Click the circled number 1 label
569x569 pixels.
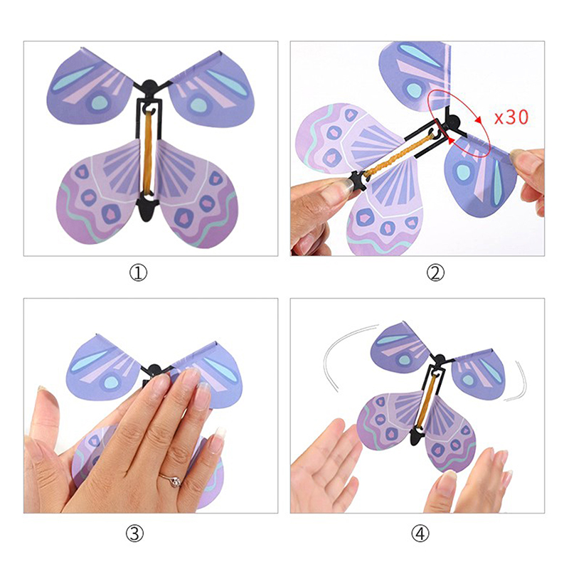(138, 273)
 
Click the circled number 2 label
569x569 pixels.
(435, 273)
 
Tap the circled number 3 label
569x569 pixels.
(134, 533)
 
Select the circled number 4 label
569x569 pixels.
(420, 533)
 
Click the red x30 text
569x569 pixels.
(511, 117)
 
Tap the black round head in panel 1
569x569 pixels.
(149, 87)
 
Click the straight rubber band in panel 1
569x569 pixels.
(148, 152)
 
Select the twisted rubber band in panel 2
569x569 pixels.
(399, 155)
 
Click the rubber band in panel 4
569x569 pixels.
(427, 400)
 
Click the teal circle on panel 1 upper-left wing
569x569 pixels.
(98, 102)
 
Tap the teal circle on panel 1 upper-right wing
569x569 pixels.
(198, 105)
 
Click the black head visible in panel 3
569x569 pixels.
(154, 371)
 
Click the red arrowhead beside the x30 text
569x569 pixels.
(479, 119)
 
